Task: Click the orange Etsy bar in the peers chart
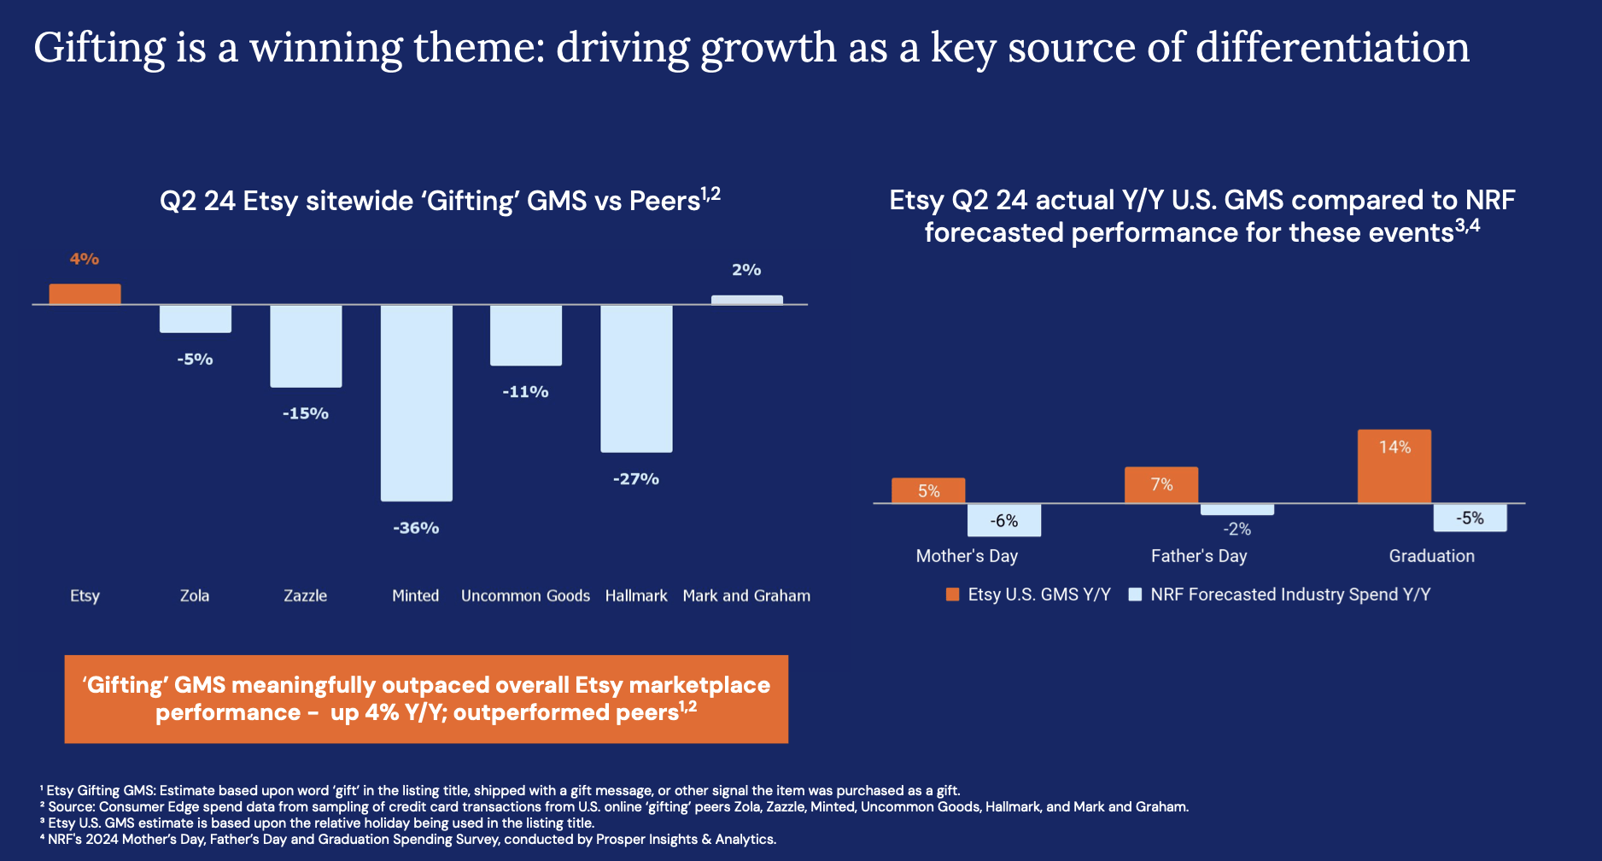(85, 294)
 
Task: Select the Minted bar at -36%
(416, 402)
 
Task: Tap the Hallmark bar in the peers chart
(636, 378)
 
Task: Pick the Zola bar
(195, 319)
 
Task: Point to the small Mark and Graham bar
(746, 300)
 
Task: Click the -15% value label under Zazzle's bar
(306, 413)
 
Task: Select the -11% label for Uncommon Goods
(525, 392)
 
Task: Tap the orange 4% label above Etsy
(85, 259)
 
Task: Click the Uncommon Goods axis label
(525, 595)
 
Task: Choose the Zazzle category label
(306, 595)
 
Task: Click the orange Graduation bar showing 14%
(1394, 466)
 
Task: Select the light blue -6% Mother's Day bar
(1003, 520)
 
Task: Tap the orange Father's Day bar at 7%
(1161, 484)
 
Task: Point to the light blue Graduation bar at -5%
(1470, 518)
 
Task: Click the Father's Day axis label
(1199, 556)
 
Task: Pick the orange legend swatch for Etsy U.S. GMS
(953, 594)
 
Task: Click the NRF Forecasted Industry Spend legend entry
(1289, 594)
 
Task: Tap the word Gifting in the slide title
(99, 48)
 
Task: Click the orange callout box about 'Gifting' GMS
(426, 699)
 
